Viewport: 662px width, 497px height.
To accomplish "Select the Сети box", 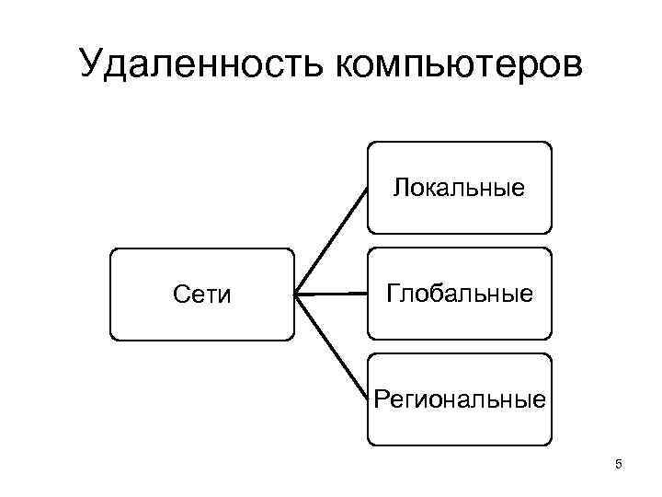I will tap(202, 295).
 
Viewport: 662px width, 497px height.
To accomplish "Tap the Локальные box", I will tap(460, 188).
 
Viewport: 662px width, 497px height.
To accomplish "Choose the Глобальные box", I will tap(460, 295).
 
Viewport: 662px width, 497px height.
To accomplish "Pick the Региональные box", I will tap(460, 400).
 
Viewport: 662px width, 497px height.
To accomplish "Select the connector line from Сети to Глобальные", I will tap(331, 295).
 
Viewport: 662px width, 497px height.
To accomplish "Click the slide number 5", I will tap(619, 465).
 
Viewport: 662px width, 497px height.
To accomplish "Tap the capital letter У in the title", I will tap(95, 64).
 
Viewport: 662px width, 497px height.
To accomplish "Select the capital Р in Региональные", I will tap(381, 400).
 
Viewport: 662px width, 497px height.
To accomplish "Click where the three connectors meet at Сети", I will tap(297, 295).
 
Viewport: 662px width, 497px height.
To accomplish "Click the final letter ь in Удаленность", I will tap(319, 66).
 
